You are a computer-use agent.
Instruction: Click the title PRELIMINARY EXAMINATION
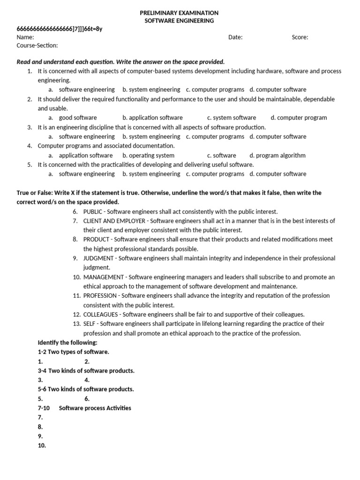pyautogui.click(x=180, y=13)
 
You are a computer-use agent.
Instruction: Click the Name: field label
pyautogui.click(x=25, y=37)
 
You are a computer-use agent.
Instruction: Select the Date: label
pyautogui.click(x=235, y=37)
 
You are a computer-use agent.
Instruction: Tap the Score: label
pyautogui.click(x=300, y=37)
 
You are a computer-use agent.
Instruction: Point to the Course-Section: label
pyautogui.click(x=37, y=45)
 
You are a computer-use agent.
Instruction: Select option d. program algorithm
pyautogui.click(x=277, y=155)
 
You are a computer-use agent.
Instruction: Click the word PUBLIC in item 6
pyautogui.click(x=93, y=211)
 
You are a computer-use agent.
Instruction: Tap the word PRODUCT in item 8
pyautogui.click(x=96, y=239)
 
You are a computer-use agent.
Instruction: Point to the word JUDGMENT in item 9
pyautogui.click(x=98, y=258)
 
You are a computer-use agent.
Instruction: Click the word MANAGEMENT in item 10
pyautogui.click(x=104, y=277)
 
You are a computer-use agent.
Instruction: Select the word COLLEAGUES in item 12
pyautogui.click(x=101, y=315)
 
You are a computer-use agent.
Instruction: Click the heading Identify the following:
pyautogui.click(x=67, y=343)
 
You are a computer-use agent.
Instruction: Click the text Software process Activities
pyautogui.click(x=95, y=408)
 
